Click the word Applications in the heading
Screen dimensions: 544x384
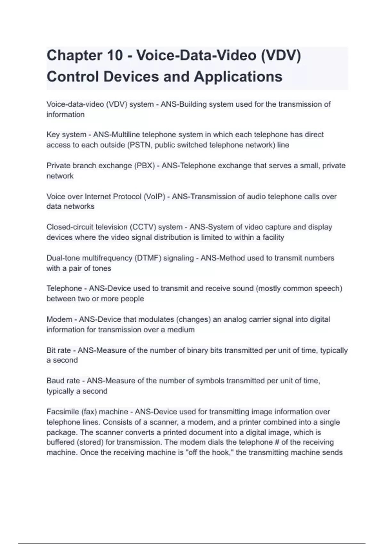coord(238,77)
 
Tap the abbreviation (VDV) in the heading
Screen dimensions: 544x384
coord(281,55)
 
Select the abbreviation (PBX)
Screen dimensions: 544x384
coord(144,166)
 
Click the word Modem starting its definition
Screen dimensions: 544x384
coord(59,319)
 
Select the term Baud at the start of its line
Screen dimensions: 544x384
coord(55,381)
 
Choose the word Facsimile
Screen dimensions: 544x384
coord(62,412)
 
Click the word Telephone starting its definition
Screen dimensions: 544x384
coord(64,289)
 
